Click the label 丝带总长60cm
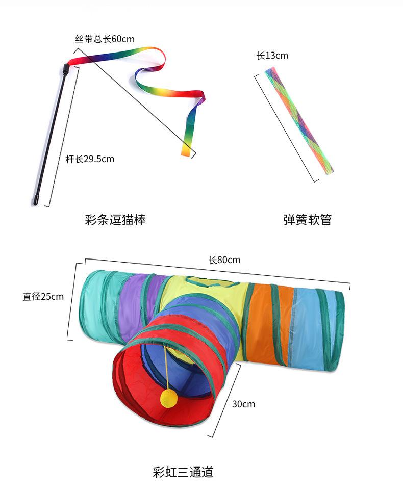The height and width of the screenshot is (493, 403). click(x=105, y=39)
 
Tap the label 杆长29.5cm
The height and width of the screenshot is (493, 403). click(x=90, y=159)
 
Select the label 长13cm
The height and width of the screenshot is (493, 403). click(x=272, y=56)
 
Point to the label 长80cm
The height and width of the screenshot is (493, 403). click(x=224, y=260)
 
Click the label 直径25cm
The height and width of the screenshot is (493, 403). click(x=43, y=296)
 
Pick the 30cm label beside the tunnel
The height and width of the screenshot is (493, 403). click(x=243, y=404)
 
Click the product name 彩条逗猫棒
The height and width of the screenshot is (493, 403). click(x=115, y=220)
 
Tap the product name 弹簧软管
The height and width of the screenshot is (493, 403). click(x=308, y=220)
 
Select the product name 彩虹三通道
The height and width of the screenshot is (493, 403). click(x=183, y=472)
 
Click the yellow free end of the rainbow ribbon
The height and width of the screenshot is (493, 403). click(x=188, y=149)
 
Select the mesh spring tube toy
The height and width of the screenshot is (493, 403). click(x=299, y=120)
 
